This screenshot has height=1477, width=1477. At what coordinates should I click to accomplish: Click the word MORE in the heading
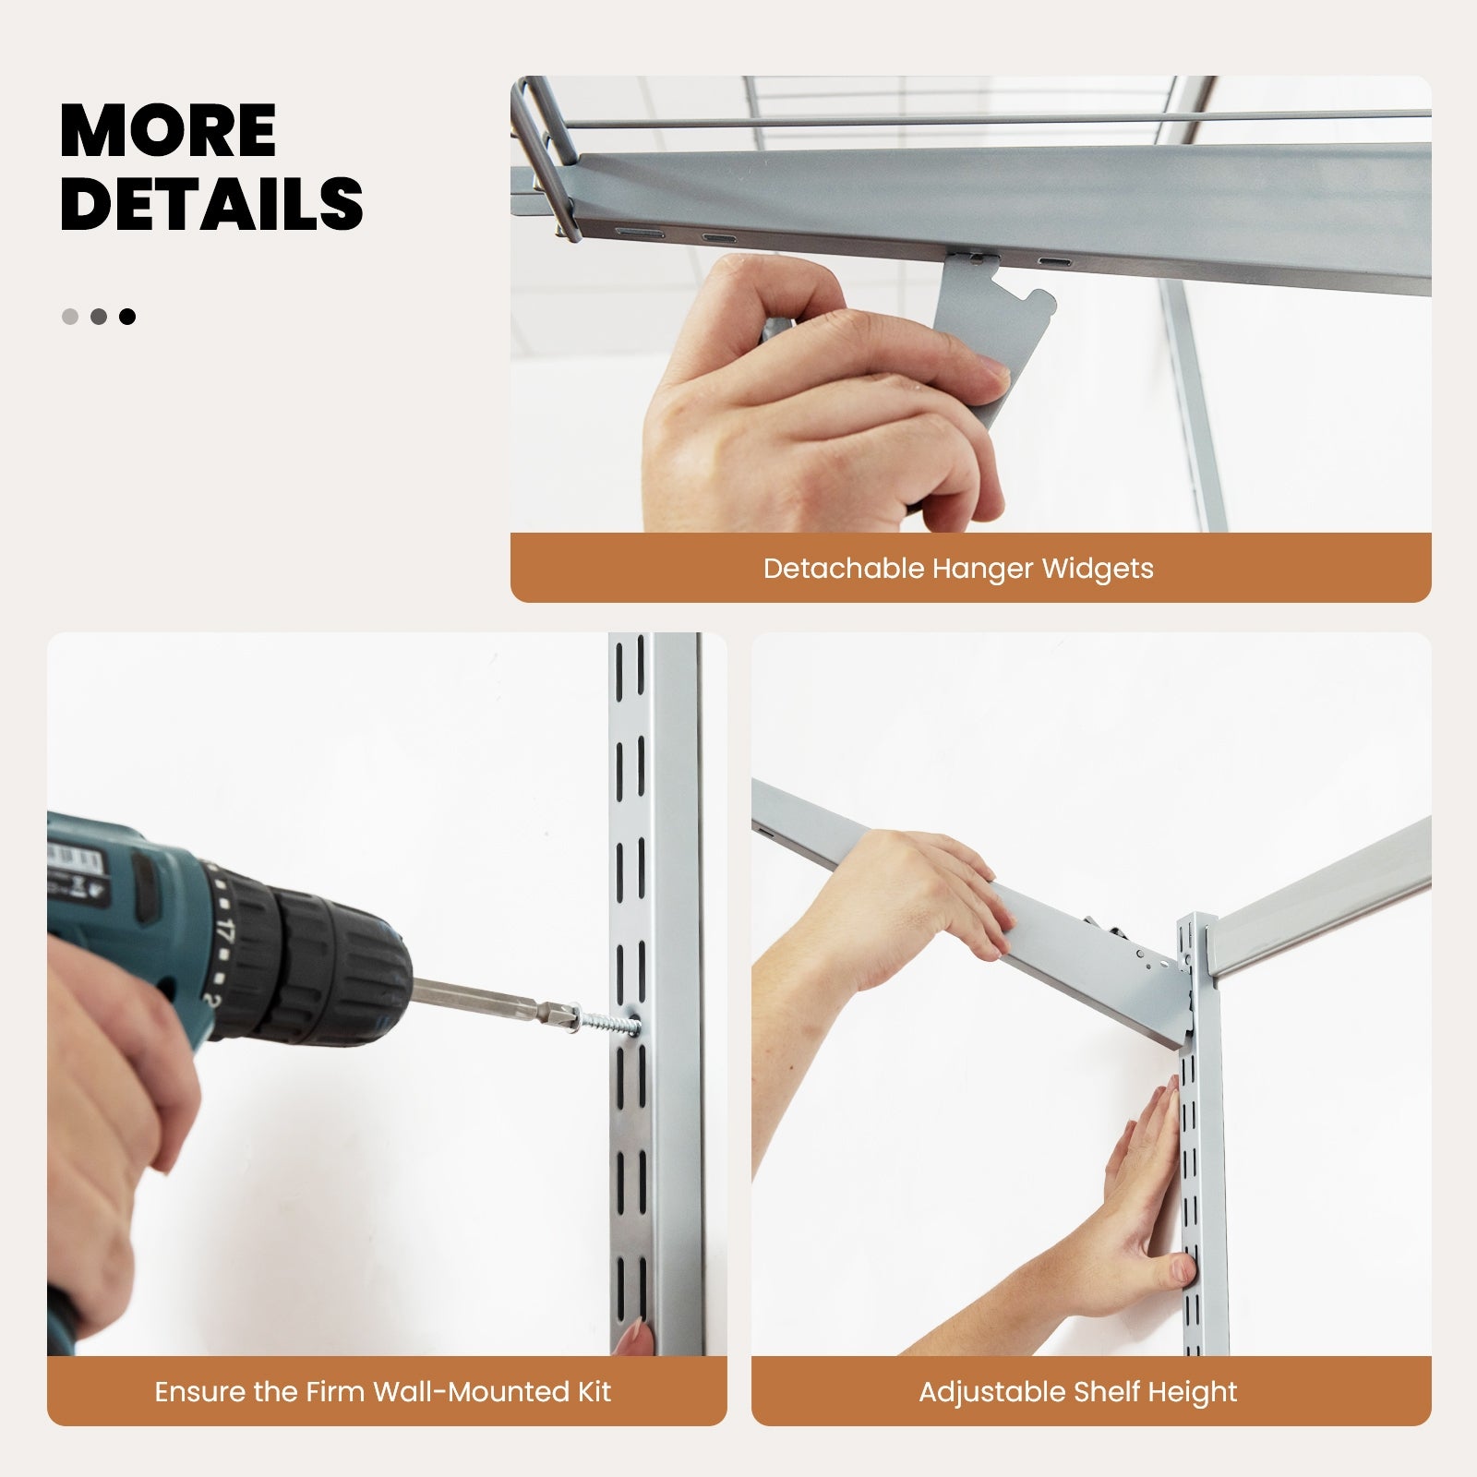point(168,131)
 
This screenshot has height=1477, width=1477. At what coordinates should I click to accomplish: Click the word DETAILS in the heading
point(211,204)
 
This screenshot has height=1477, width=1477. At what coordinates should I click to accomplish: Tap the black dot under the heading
point(127,317)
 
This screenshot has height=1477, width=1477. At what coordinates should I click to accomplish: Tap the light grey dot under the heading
point(70,317)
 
